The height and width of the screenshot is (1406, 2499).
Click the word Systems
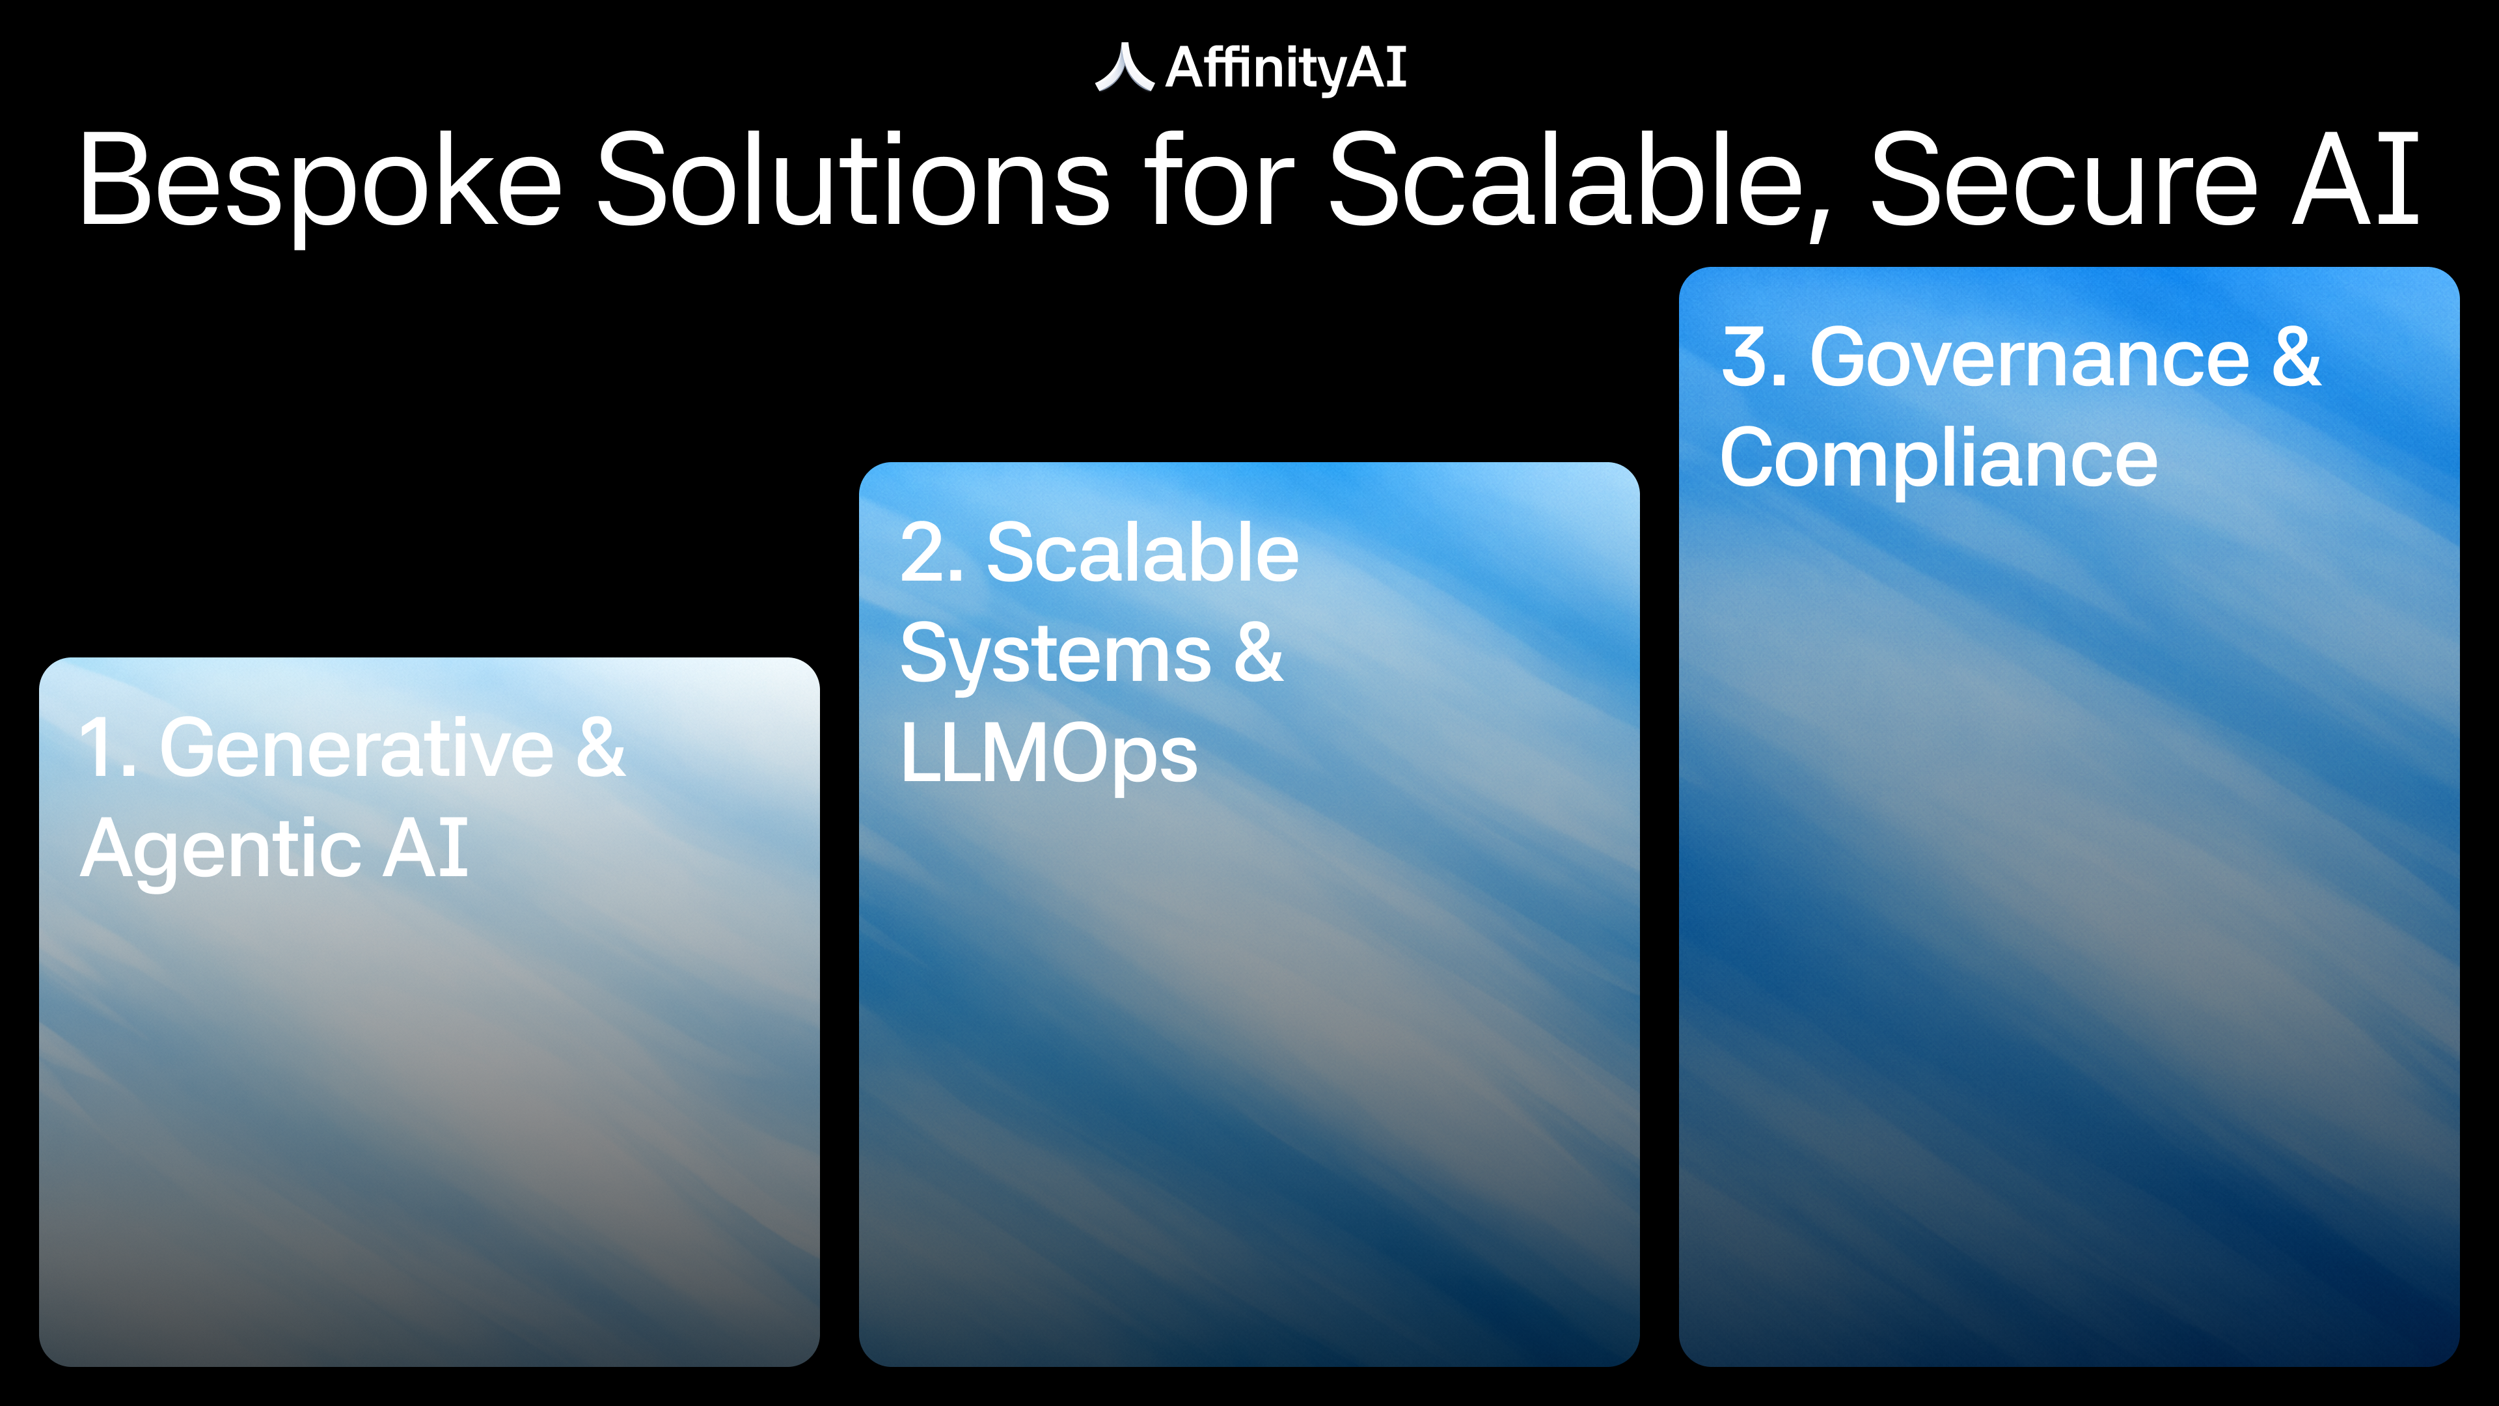[x=1056, y=655]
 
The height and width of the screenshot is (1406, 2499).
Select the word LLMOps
[x=1048, y=754]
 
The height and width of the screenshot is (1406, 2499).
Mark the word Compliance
[x=1938, y=459]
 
